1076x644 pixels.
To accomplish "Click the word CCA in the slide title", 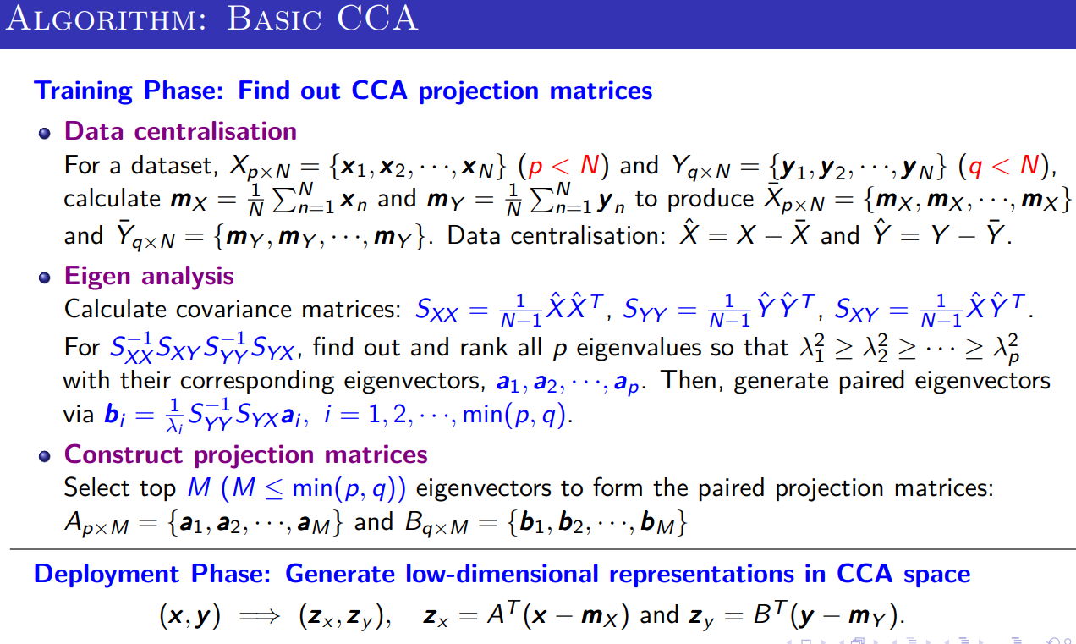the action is (377, 19).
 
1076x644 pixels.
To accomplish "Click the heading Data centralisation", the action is (181, 131).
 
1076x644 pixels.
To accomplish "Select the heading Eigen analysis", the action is (149, 277).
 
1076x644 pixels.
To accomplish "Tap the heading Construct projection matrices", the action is (246, 454).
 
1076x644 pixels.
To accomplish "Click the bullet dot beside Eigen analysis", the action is (45, 278).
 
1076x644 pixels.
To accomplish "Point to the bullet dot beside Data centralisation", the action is (45, 133).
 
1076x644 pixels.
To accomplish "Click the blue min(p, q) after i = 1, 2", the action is (513, 415).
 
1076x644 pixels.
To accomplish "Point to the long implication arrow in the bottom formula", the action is (260, 615).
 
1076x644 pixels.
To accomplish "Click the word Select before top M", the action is (97, 487).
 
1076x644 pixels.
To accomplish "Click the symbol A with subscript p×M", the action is (96, 523).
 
